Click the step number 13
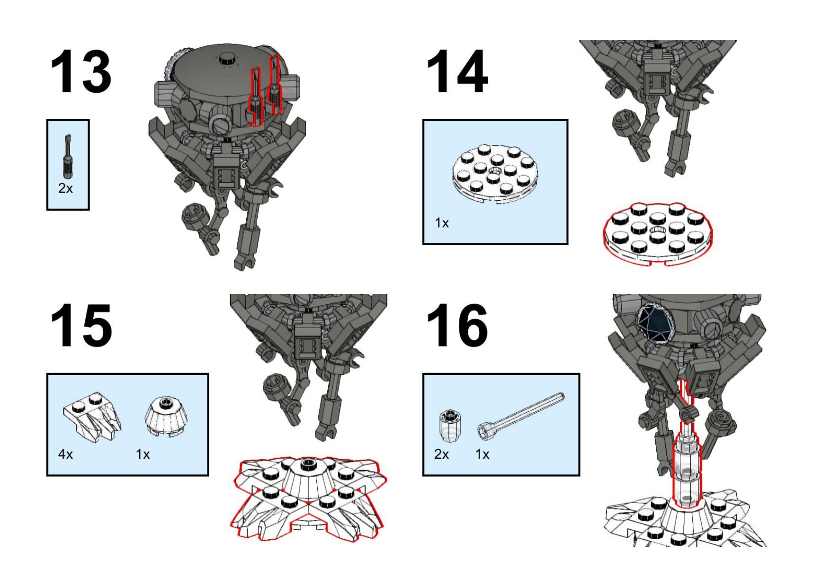pos(81,72)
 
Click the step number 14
pos(456,72)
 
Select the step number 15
pos(81,326)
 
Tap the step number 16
pos(456,326)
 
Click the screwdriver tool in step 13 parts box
pos(68,156)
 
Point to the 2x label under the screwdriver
pos(66,188)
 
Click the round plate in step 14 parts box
pos(495,174)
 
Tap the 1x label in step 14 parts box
pos(442,223)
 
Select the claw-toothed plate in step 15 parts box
pos(92,416)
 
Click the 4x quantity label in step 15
pos(66,454)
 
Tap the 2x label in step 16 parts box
pos(442,454)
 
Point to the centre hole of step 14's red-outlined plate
pos(655,231)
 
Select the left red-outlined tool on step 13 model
pos(255,97)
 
